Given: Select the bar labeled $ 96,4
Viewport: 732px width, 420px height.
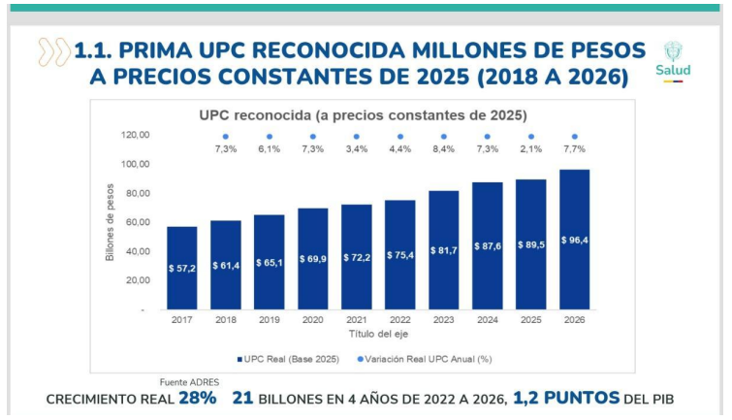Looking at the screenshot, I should [574, 240].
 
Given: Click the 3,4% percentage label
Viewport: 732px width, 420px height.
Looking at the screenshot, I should [356, 149].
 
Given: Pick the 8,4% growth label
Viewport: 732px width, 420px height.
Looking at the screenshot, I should [443, 149].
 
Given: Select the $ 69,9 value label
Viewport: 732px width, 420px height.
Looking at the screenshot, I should [312, 259].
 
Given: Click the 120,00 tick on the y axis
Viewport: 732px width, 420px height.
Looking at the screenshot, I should [136, 135].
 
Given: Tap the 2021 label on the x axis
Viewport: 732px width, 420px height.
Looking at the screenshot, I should [356, 319].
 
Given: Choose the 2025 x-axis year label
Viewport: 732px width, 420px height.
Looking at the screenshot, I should [530, 319].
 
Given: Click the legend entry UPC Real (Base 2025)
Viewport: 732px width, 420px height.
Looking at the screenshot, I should [290, 360].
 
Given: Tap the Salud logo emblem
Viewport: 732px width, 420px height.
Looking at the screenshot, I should [675, 54].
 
